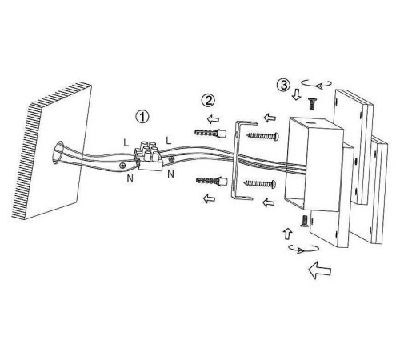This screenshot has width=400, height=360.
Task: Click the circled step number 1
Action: (x=142, y=117)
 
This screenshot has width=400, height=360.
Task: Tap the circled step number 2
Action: (x=208, y=100)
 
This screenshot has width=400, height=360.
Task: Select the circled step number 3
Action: (x=283, y=85)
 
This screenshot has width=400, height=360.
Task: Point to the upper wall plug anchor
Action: (x=210, y=133)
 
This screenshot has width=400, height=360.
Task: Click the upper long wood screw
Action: (x=263, y=136)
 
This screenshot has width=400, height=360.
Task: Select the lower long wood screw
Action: (x=260, y=183)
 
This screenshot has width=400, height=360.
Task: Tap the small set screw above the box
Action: (x=312, y=103)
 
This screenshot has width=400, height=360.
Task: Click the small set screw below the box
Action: (x=305, y=222)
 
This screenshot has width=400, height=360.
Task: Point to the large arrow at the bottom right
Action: (x=320, y=270)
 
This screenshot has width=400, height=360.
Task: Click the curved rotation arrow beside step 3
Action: (x=316, y=83)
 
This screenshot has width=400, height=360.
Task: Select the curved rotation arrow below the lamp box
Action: (x=304, y=249)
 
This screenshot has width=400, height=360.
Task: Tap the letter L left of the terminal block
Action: (x=126, y=143)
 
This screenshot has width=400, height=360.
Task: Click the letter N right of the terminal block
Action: (x=170, y=174)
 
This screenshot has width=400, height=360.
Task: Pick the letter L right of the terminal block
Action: (x=169, y=141)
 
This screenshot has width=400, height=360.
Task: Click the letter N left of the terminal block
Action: (x=130, y=178)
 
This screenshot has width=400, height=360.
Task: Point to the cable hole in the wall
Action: (x=58, y=152)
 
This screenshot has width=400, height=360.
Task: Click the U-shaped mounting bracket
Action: (x=234, y=161)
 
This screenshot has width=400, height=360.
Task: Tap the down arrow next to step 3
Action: (x=296, y=94)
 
